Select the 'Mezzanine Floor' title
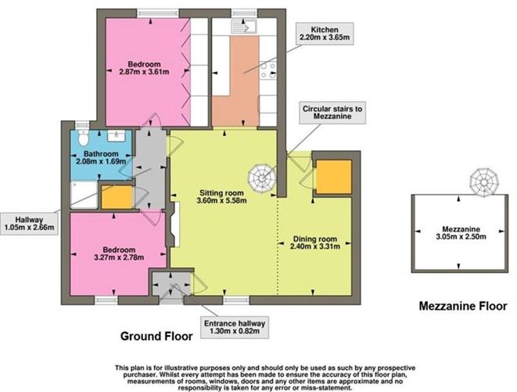(x=462, y=305)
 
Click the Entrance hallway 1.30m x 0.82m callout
(x=236, y=326)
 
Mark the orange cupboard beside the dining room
(x=332, y=176)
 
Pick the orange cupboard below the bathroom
(x=117, y=197)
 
